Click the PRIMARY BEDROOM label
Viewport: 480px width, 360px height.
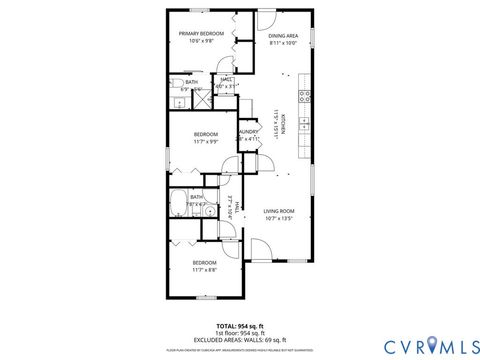pyautogui.click(x=201, y=34)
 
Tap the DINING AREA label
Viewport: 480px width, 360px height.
pyautogui.click(x=283, y=35)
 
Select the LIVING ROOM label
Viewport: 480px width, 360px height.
pyautogui.click(x=278, y=211)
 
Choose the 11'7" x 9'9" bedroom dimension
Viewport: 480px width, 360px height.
pyautogui.click(x=205, y=141)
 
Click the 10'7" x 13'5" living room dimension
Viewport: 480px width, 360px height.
pyautogui.click(x=278, y=219)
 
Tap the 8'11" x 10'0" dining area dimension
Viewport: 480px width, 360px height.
pyautogui.click(x=283, y=43)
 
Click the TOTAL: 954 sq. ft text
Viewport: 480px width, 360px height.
pyautogui.click(x=240, y=326)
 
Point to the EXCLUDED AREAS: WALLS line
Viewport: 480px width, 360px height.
pyautogui.click(x=240, y=340)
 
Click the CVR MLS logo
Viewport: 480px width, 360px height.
pyautogui.click(x=426, y=346)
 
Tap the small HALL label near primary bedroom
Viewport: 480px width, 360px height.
pyautogui.click(x=227, y=79)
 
